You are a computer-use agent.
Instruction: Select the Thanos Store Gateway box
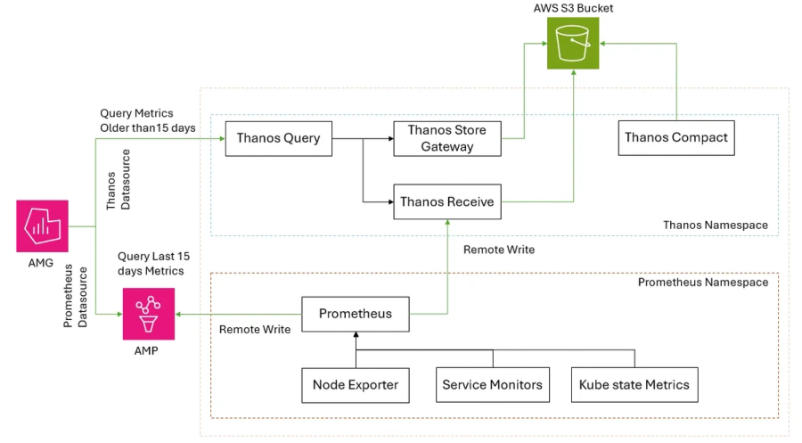click(446, 139)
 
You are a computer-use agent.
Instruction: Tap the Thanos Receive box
click(446, 202)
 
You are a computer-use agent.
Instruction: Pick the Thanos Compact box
click(675, 138)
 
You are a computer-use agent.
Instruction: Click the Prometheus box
click(355, 314)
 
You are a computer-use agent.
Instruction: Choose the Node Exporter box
click(355, 385)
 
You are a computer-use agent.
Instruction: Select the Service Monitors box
click(492, 385)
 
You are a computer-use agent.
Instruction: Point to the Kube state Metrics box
click(634, 385)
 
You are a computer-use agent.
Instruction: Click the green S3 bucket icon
click(572, 44)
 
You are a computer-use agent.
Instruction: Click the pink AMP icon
click(148, 314)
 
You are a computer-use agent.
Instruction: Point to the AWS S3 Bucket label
click(572, 8)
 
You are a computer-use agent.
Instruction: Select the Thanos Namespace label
click(715, 226)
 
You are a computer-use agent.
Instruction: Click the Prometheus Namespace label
click(702, 283)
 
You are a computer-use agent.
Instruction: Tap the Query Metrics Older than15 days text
click(148, 120)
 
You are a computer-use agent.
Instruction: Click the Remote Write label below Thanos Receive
click(499, 250)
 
